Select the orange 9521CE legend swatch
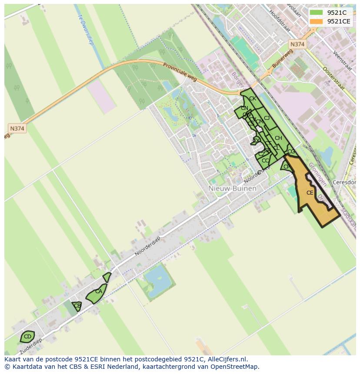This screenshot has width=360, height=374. pyautogui.click(x=316, y=21)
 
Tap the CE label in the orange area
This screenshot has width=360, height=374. pyautogui.click(x=310, y=193)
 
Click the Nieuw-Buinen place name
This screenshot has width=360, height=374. pyautogui.click(x=232, y=189)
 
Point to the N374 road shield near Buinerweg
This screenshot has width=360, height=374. pyautogui.click(x=297, y=44)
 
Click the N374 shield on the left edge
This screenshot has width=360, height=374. pyautogui.click(x=17, y=129)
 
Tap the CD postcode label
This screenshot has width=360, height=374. pyautogui.click(x=27, y=337)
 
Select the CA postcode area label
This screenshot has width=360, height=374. pyautogui.click(x=99, y=291)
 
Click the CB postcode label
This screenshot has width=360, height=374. pyautogui.click(x=77, y=306)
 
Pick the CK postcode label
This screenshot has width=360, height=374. pyautogui.click(x=253, y=99)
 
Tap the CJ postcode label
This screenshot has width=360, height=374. pyautogui.click(x=267, y=118)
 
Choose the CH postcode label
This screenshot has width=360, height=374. pyautogui.click(x=278, y=139)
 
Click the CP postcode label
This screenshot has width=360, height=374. pyautogui.click(x=287, y=167)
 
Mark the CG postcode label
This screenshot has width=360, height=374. pyautogui.click(x=291, y=152)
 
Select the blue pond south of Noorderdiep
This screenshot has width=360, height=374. pyautogui.click(x=158, y=278)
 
